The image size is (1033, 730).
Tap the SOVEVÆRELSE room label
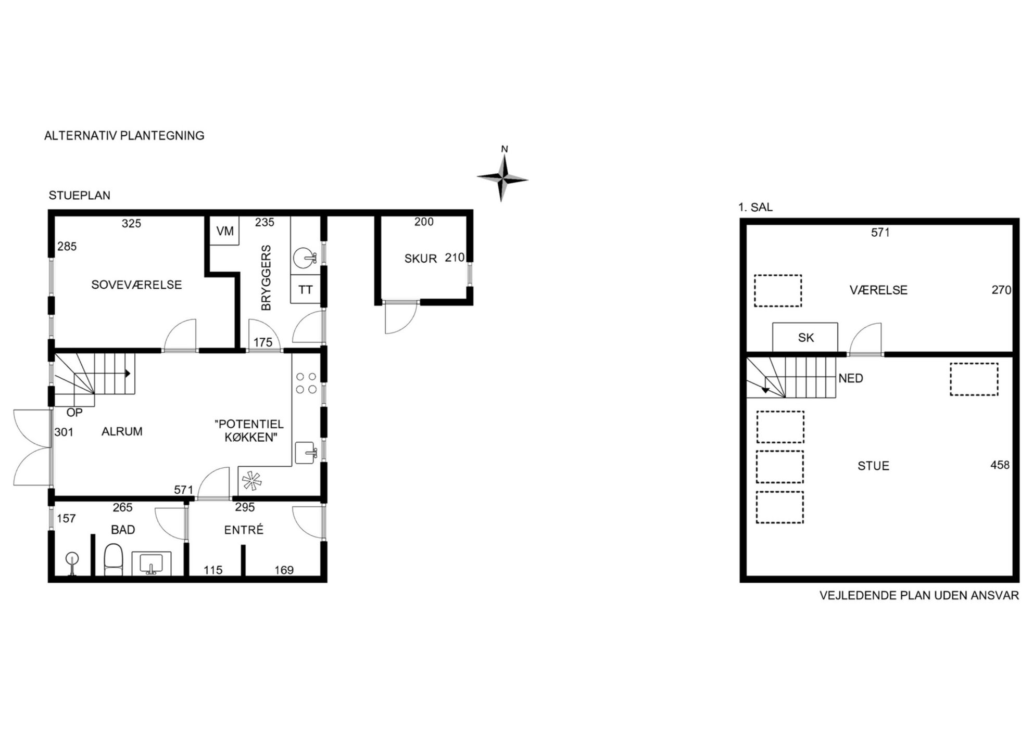pos(136,285)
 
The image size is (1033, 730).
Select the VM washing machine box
pos(224,230)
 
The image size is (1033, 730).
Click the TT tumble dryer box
pos(305,289)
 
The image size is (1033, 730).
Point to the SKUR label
pos(420,258)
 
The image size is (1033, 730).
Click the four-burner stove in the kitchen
pos(306,382)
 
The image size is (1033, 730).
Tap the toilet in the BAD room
pos(113,559)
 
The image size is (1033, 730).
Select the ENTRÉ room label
pos(244,529)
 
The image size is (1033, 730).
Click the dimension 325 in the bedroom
pos(131,223)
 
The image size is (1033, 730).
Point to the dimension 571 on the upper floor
pos(880,233)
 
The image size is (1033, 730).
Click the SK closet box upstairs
pos(805,337)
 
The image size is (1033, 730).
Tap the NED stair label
pos(851,378)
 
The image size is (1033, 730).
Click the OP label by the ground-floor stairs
pos(74,412)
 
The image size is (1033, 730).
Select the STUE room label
pos(873,466)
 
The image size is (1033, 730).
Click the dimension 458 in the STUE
pos(1000,465)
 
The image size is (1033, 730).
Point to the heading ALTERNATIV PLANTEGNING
pos(124,135)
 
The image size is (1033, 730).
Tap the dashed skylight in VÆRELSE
pos(778,290)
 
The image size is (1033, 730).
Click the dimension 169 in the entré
pos(284,570)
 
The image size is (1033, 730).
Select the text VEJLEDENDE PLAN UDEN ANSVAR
pos(919,595)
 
